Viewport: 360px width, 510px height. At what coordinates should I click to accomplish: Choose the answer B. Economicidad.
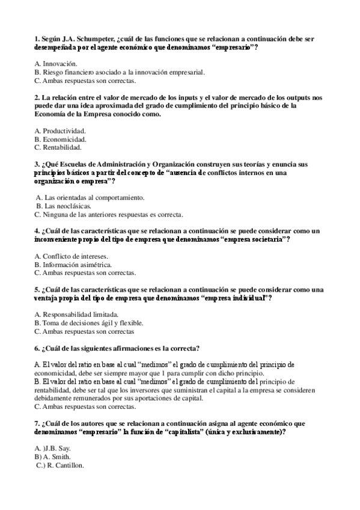(x=60, y=139)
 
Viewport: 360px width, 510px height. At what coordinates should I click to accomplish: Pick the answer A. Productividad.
(x=60, y=131)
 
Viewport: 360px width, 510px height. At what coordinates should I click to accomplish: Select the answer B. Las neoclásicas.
(x=60, y=206)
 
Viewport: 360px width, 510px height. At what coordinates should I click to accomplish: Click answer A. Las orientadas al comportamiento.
(x=90, y=197)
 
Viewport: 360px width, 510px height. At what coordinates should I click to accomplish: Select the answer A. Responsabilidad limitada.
(x=76, y=314)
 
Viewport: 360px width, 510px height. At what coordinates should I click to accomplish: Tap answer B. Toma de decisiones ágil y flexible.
(x=93, y=322)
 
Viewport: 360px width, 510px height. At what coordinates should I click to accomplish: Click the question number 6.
(x=37, y=348)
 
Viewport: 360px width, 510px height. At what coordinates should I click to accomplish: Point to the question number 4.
(x=37, y=231)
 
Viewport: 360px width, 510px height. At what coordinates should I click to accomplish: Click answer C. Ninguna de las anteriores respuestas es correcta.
(x=109, y=214)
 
